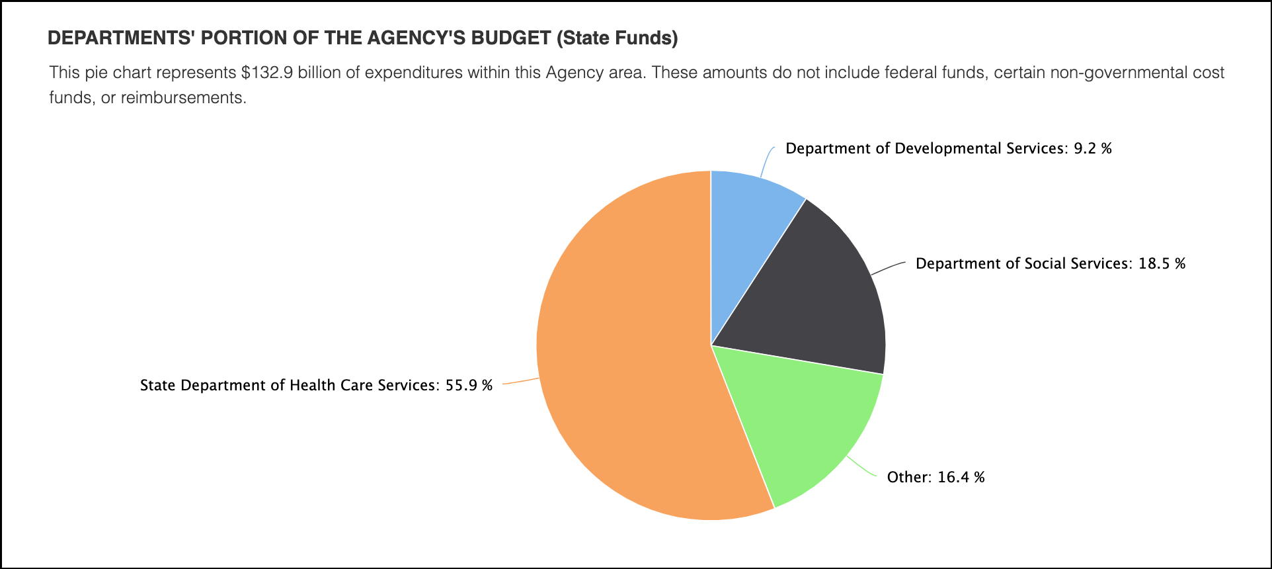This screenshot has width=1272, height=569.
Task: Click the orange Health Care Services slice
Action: (x=621, y=357)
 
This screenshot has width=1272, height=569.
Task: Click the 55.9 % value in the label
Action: (x=469, y=386)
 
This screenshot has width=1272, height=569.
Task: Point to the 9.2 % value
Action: (x=1092, y=149)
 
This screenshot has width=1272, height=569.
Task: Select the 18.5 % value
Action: (x=1162, y=264)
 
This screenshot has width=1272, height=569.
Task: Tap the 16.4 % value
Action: (x=961, y=478)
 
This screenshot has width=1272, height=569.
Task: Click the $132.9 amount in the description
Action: (x=267, y=73)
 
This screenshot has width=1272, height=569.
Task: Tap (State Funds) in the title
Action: (x=617, y=38)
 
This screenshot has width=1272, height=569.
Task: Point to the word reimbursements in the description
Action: (x=182, y=98)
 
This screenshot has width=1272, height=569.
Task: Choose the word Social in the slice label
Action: (x=1045, y=264)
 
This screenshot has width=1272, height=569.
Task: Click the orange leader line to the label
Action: (x=521, y=382)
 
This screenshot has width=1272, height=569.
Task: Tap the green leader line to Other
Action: (x=862, y=468)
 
